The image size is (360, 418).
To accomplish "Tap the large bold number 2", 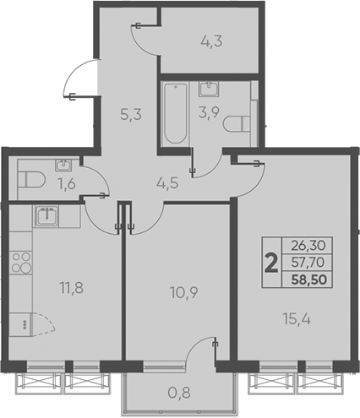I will click(x=270, y=263).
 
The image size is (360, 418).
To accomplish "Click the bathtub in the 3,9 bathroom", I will click(x=174, y=114).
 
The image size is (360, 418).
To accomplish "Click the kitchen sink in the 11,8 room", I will click(x=46, y=215).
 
